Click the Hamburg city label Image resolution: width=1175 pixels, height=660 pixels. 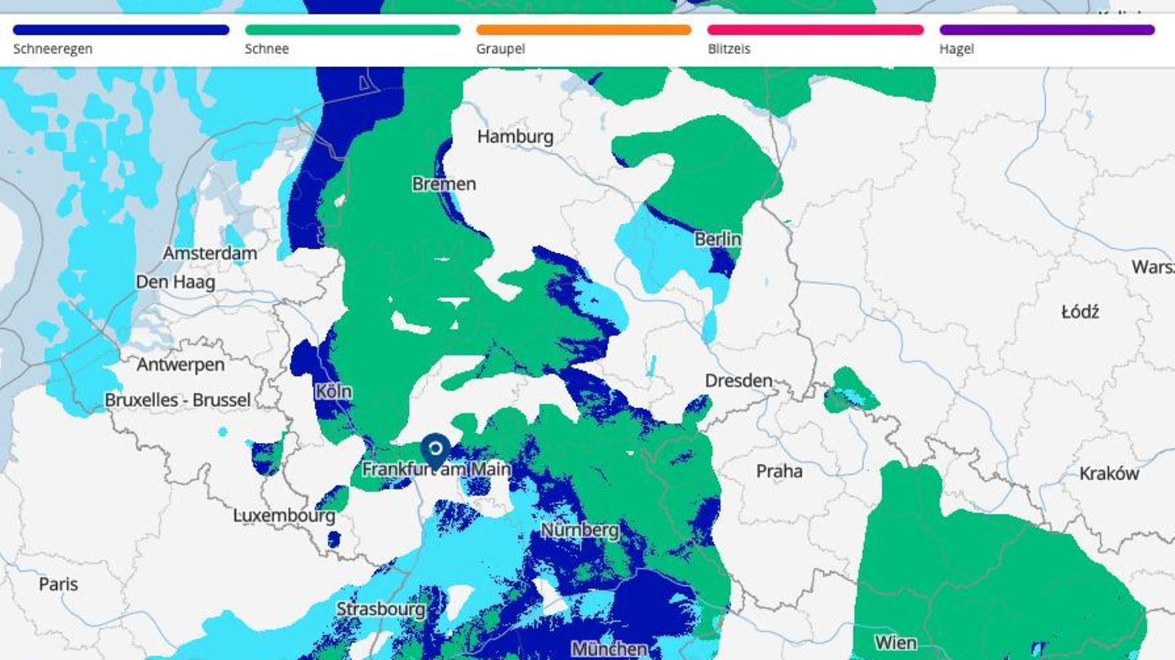(x=515, y=136)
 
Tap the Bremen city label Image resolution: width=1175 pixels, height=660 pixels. (x=444, y=184)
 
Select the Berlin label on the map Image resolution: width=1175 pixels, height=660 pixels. (x=718, y=239)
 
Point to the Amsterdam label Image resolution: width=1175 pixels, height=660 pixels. (x=210, y=253)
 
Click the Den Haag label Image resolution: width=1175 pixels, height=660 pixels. (x=175, y=282)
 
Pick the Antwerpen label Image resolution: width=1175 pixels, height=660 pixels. (x=180, y=365)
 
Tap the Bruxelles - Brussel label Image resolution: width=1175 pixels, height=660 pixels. (x=178, y=401)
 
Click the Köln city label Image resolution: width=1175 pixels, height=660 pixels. (x=334, y=392)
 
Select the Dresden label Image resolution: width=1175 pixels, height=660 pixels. (x=738, y=380)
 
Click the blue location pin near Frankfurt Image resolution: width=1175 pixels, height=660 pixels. (x=436, y=450)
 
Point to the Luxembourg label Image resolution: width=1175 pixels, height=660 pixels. (x=284, y=516)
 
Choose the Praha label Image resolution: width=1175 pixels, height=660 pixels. (x=779, y=471)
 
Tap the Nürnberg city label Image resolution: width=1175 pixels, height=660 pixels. (x=580, y=530)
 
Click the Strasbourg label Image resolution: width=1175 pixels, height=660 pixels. (x=381, y=609)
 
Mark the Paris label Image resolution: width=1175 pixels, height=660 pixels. (x=59, y=584)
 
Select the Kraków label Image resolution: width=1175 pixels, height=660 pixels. (x=1109, y=473)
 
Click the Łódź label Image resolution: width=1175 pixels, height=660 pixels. (x=1080, y=312)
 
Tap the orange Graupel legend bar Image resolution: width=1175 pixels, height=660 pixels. (x=584, y=30)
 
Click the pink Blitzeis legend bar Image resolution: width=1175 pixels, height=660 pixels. (x=816, y=30)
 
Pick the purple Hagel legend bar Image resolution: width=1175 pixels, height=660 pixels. (x=1047, y=30)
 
